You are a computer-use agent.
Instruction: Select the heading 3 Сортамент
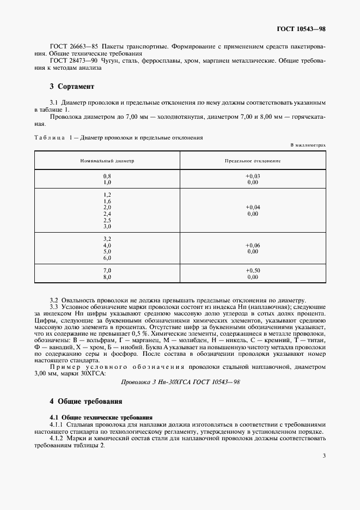(x=72, y=87)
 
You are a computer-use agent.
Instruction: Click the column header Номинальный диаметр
(x=107, y=162)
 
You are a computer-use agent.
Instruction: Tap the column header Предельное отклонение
(x=252, y=162)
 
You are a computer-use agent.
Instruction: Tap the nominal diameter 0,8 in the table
(x=107, y=177)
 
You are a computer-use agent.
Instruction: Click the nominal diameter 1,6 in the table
(x=107, y=201)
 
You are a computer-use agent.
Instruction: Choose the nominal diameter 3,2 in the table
(x=107, y=239)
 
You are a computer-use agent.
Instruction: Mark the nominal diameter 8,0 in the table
(x=107, y=277)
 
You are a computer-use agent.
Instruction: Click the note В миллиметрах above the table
(x=308, y=145)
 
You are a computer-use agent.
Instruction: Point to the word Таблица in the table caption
(x=50, y=138)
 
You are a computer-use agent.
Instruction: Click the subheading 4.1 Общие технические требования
(x=97, y=416)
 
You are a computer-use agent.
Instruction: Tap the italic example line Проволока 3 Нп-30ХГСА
(x=180, y=382)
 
